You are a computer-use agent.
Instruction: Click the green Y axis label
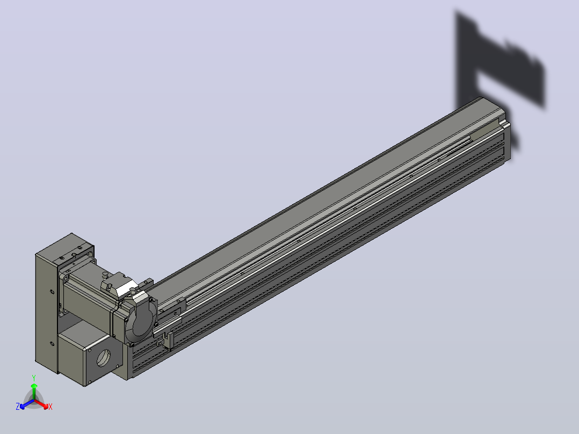34,378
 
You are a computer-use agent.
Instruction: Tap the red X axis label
50,407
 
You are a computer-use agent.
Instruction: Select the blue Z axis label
18,406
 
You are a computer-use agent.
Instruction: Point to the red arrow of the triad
41,404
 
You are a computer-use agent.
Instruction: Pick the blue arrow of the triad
27,404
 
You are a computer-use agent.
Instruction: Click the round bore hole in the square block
103,358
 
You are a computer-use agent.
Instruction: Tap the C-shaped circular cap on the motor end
140,320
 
